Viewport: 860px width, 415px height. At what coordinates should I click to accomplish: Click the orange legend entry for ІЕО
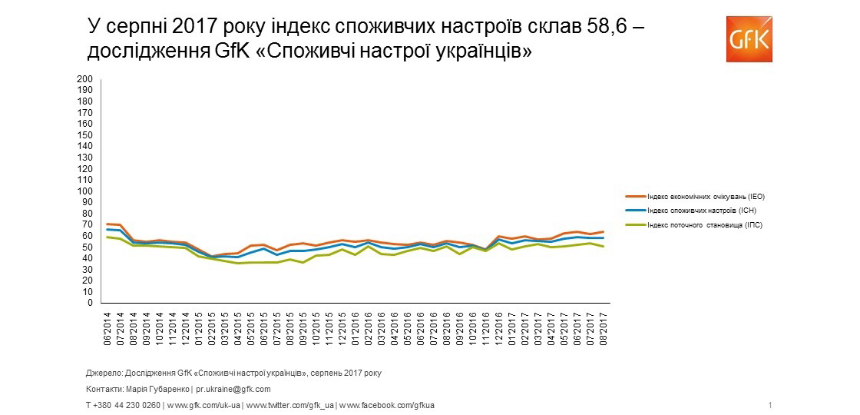706,197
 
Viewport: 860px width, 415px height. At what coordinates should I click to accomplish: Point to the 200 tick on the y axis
85,79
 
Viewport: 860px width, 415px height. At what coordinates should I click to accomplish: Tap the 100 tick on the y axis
85,191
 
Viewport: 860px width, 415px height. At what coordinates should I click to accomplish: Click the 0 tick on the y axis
89,303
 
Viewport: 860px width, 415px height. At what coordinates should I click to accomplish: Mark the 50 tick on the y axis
87,247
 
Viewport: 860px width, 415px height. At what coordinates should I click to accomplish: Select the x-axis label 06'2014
108,327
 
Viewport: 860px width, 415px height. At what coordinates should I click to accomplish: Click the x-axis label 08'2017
604,327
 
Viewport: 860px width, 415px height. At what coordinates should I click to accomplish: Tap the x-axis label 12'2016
500,327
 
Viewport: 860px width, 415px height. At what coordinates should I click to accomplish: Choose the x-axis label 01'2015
200,327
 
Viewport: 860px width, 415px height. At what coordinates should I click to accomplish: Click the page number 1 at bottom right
769,405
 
